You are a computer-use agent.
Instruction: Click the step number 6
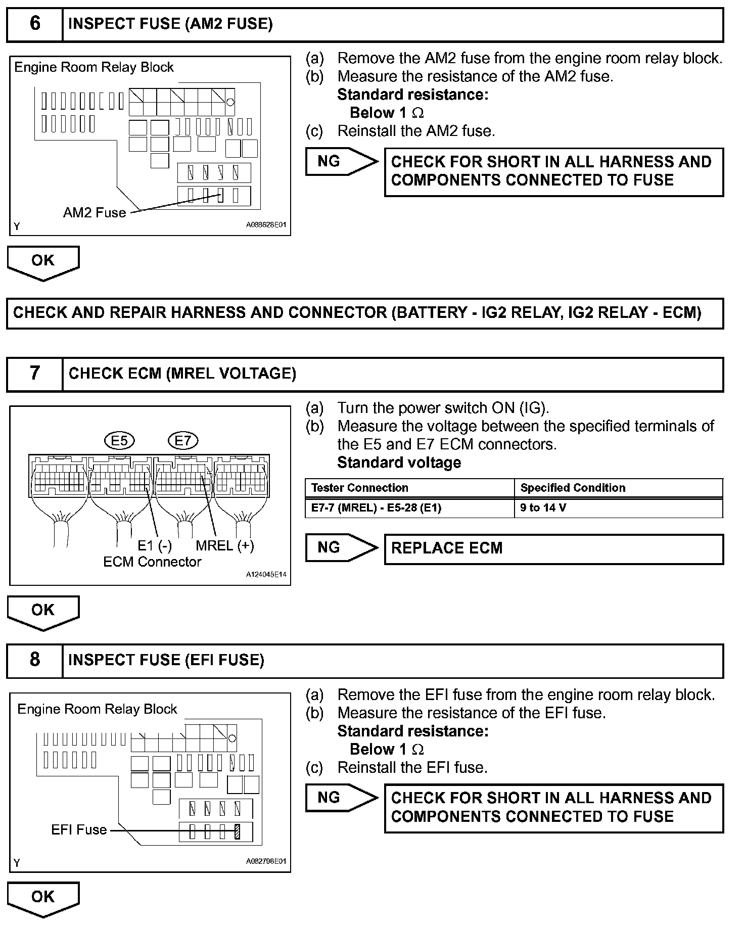34,24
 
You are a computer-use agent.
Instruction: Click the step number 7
34,374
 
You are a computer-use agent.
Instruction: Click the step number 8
34,660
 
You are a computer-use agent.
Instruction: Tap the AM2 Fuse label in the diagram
95,213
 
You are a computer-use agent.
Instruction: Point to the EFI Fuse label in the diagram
79,830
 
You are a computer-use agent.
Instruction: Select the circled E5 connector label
119,441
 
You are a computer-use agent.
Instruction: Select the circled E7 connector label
183,441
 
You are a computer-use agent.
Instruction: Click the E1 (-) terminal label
155,546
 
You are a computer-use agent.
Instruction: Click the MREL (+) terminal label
225,546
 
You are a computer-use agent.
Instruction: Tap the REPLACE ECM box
553,548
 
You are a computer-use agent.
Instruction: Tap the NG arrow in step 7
341,547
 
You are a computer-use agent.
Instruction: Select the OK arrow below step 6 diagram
43,261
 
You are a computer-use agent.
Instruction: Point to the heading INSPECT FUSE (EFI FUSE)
166,660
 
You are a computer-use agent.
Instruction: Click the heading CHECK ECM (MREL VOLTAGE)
182,374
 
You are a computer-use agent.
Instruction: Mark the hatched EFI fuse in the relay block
238,831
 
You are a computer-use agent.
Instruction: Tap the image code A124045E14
266,575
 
